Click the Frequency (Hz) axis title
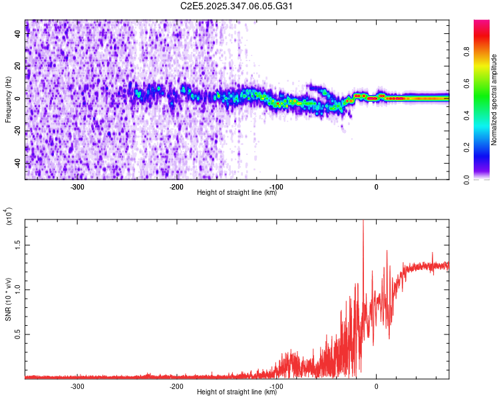pyautogui.click(x=9, y=100)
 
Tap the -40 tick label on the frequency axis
pyautogui.click(x=18, y=163)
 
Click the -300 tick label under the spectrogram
pyautogui.click(x=77, y=186)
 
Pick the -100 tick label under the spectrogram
pyautogui.click(x=277, y=186)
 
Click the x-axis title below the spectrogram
pyautogui.click(x=237, y=193)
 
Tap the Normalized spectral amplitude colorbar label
pyautogui.click(x=494, y=100)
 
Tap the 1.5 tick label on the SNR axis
pyautogui.click(x=18, y=244)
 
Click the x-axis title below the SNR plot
pyautogui.click(x=237, y=392)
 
